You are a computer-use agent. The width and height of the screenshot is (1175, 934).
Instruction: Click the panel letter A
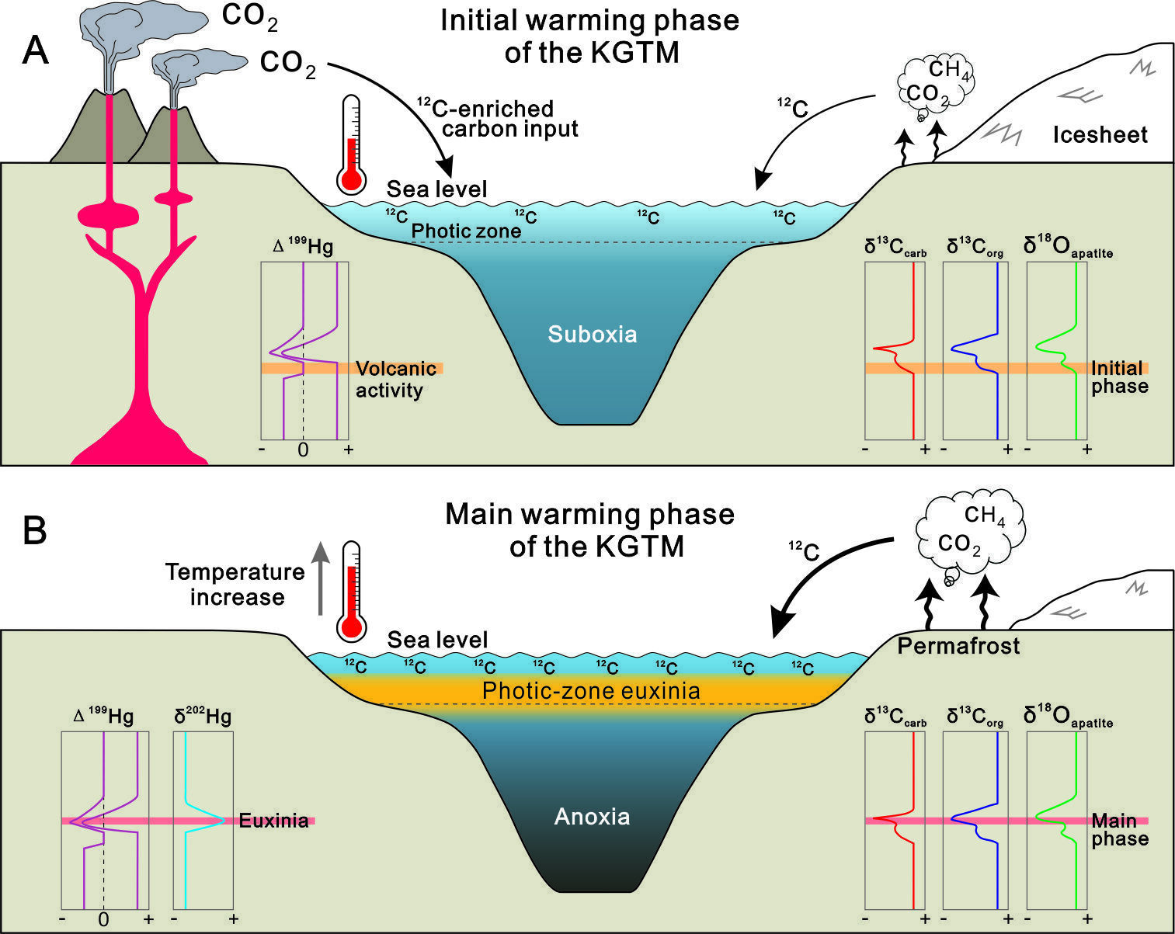[36, 50]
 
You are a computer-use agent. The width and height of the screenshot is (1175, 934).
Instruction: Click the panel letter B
[35, 530]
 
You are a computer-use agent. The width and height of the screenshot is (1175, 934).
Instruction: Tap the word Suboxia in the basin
[593, 334]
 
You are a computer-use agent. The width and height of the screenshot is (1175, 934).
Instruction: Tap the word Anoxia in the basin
[593, 817]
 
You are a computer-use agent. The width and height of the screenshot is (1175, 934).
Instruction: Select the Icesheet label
[1100, 135]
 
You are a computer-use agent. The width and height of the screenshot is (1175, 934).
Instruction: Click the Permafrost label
[959, 646]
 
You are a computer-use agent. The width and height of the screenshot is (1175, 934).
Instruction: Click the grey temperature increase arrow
[321, 578]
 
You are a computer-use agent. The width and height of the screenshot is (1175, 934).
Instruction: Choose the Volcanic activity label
[396, 380]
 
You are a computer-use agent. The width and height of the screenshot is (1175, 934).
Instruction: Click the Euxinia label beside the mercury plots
[273, 821]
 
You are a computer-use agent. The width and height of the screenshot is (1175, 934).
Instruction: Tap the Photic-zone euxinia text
[591, 691]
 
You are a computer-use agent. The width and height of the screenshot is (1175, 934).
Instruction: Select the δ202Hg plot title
[203, 715]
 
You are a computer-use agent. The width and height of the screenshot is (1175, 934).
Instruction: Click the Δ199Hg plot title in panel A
[302, 246]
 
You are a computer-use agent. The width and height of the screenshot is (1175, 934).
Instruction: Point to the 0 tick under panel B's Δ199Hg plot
[103, 920]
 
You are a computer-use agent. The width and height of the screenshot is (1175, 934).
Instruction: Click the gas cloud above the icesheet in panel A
[936, 87]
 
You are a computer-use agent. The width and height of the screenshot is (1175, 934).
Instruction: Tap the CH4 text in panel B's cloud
[985, 515]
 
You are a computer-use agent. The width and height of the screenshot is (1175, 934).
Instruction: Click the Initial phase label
[1119, 377]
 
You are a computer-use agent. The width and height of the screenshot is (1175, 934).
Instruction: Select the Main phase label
[1120, 829]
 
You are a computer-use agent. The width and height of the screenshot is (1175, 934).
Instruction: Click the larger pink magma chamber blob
[108, 216]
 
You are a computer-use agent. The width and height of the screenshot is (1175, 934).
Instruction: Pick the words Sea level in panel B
[437, 640]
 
